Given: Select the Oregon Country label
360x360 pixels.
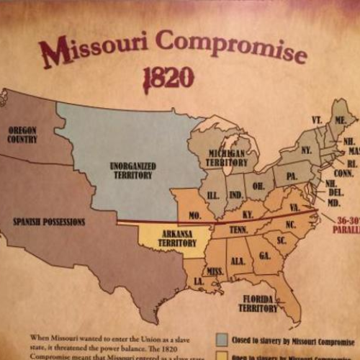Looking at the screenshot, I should point(22,135).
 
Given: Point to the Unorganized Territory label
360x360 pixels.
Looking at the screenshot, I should point(132,170).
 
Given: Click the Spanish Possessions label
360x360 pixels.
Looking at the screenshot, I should point(49,222).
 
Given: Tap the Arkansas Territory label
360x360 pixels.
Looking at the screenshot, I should point(176,238).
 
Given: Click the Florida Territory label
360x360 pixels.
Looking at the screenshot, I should point(258,303).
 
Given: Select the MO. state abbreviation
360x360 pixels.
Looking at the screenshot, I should point(194,215).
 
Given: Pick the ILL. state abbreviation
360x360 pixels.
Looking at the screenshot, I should point(214,194).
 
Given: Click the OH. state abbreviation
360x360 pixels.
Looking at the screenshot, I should point(258,185).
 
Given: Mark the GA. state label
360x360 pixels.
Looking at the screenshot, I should point(265,256).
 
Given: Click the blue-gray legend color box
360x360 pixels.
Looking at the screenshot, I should point(222,341).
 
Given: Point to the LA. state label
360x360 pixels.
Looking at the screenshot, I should point(197,279).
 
